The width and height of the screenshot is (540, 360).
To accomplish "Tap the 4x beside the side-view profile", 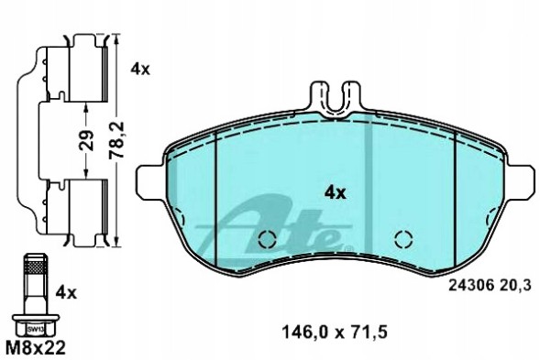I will pos(139,68).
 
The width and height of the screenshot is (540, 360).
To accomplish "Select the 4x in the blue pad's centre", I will pos(334,192).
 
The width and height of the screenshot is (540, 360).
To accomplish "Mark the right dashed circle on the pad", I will pos(401,240).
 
